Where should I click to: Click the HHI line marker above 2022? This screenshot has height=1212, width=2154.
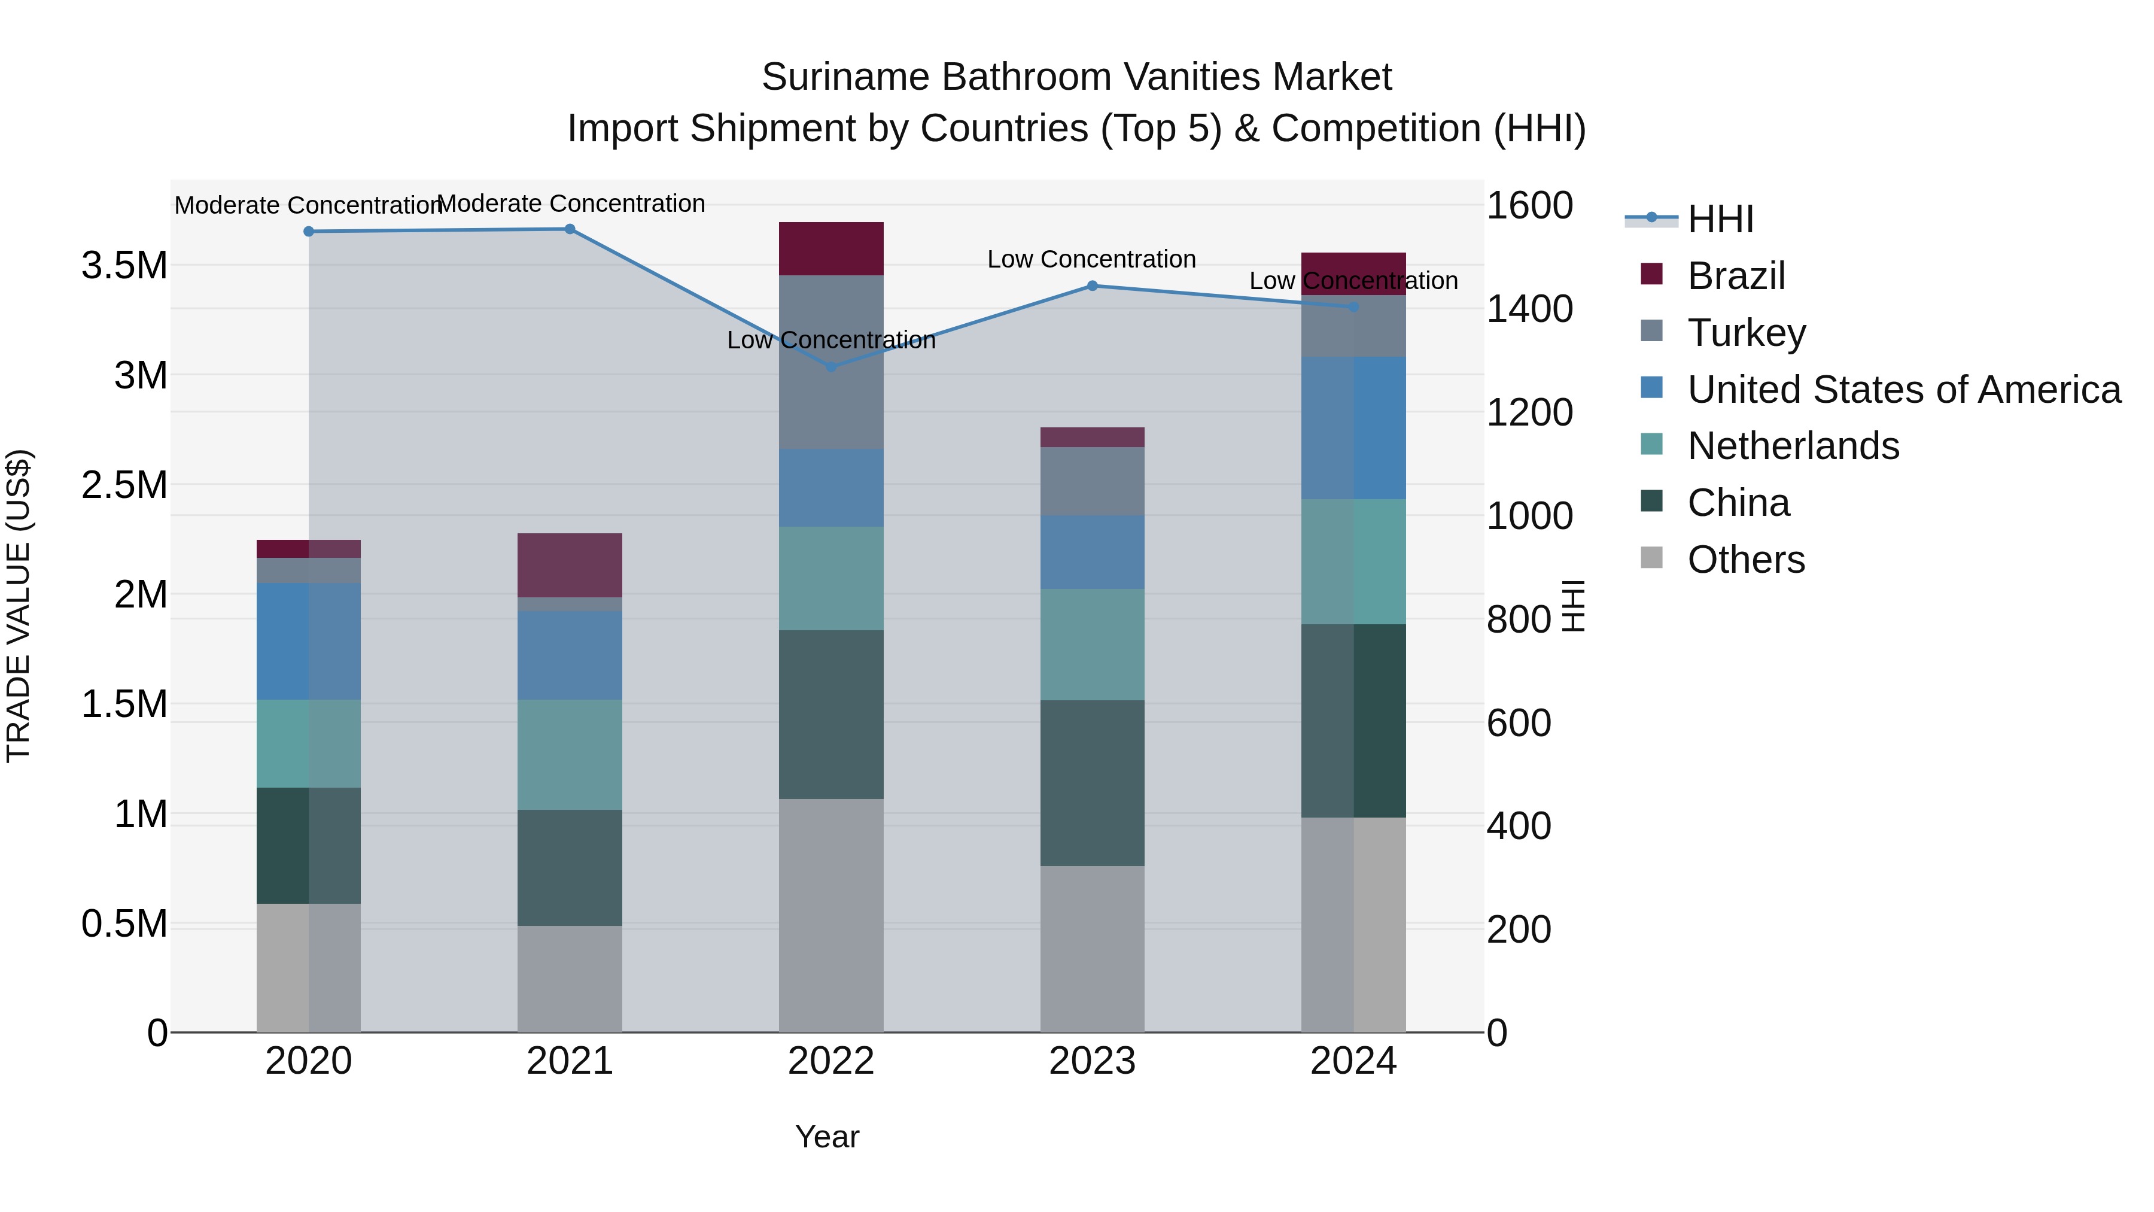(830, 366)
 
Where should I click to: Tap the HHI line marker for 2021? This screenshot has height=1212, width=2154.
(570, 229)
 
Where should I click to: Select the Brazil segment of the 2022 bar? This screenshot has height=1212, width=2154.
(830, 248)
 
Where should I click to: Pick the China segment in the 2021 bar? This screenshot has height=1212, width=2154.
(570, 867)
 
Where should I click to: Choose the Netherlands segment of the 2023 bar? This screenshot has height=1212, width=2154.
(1091, 644)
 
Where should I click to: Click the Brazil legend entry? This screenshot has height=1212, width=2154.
(1735, 276)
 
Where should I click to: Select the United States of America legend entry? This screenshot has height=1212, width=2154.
(1903, 390)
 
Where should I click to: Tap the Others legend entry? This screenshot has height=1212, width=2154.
(1745, 560)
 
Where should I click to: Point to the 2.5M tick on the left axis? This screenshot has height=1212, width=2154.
(124, 485)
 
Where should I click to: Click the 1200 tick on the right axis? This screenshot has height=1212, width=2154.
(1529, 412)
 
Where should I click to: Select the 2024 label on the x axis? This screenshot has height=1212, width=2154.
(1352, 1061)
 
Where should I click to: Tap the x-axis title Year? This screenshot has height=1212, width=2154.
(827, 1137)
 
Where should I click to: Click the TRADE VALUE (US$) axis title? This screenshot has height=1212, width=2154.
(19, 606)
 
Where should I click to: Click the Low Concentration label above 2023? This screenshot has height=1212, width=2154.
(1091, 259)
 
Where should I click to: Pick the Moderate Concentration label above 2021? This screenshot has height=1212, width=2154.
(571, 203)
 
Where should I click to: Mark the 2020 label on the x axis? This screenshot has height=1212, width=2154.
(309, 1061)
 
